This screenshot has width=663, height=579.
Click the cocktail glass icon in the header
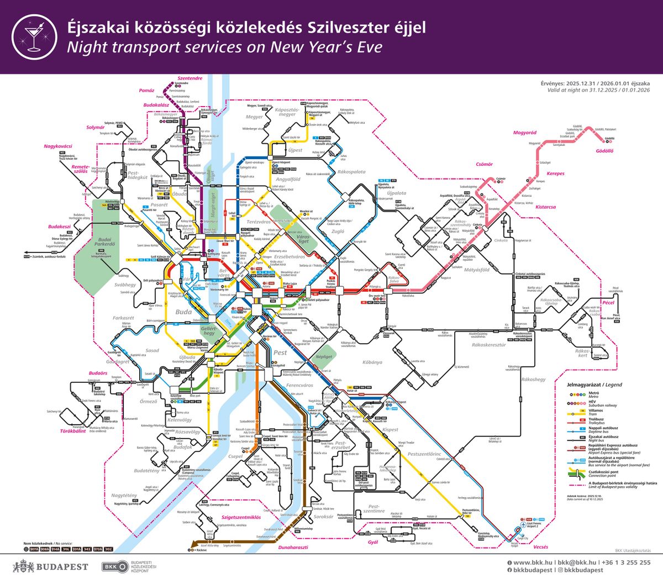click(34, 36)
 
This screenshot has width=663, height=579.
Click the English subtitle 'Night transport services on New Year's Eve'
click(224, 48)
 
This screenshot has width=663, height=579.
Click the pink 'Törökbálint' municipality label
click(73, 431)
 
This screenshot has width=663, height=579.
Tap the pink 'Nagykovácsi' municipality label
click(58, 146)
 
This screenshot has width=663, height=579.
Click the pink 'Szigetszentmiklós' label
click(237, 517)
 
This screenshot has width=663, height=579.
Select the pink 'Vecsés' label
click(541, 547)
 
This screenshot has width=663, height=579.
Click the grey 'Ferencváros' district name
click(299, 385)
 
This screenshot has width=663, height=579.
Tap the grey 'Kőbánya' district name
click(372, 362)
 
